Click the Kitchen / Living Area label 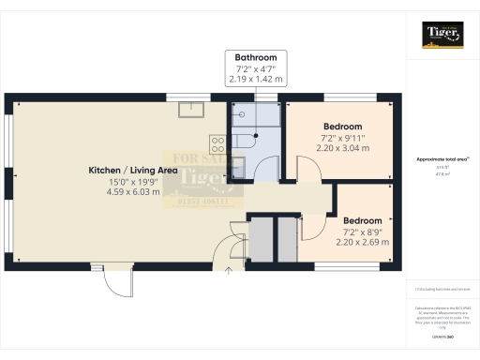[132, 171]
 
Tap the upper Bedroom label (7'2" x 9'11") [343, 126]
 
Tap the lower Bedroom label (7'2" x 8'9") [361, 219]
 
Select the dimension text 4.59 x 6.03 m [132, 193]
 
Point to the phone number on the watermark [203, 200]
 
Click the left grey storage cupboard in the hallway [258, 240]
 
